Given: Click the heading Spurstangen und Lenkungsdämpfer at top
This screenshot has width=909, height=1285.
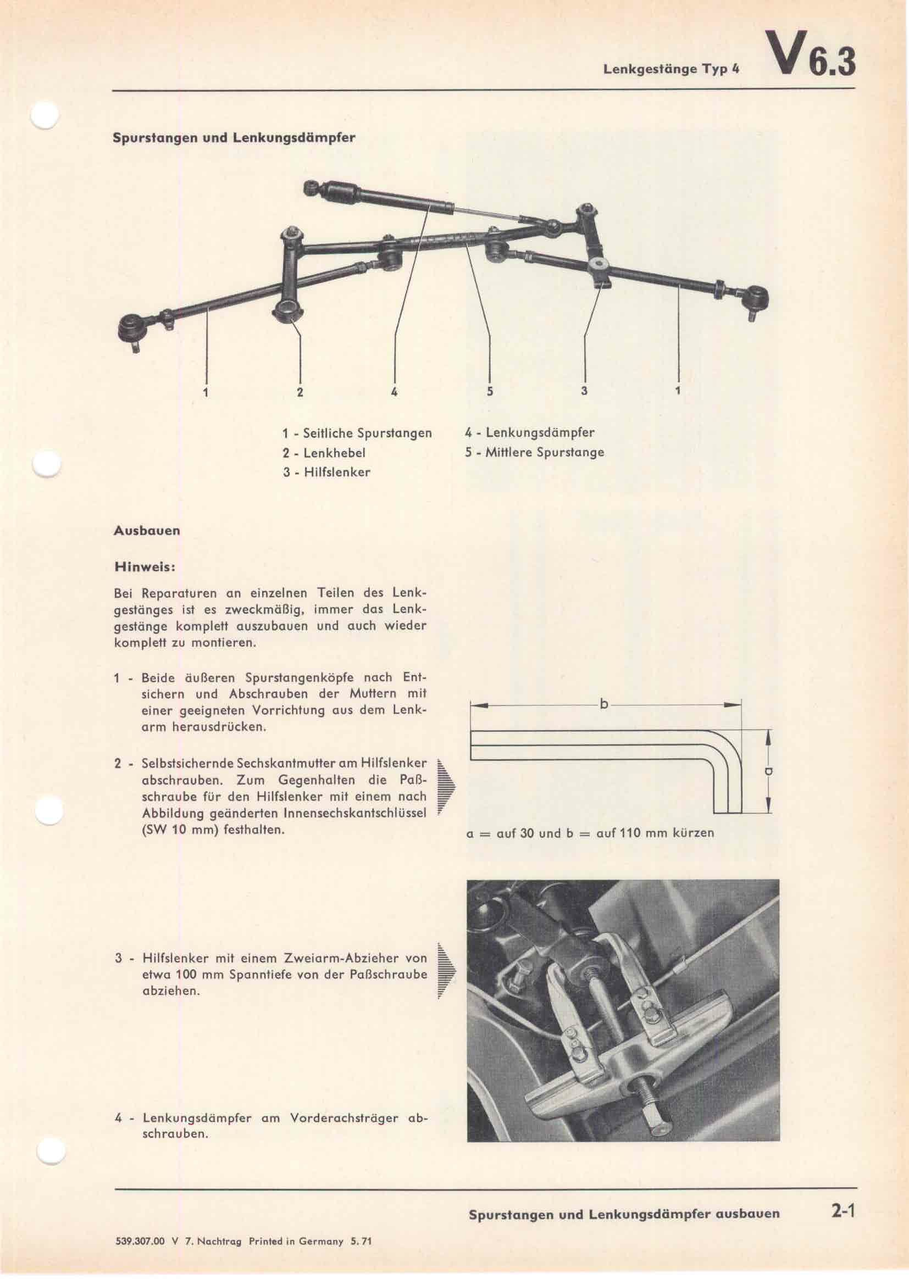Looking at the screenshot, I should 234,137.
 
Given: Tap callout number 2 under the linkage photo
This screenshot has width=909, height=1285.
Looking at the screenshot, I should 300,392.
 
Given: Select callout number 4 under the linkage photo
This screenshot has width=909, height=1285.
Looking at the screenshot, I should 395,392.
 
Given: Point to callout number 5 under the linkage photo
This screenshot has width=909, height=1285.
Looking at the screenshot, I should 490,392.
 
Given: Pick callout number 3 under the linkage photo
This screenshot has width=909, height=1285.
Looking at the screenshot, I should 584,391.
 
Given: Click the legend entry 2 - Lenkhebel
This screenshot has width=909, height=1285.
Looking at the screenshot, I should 324,452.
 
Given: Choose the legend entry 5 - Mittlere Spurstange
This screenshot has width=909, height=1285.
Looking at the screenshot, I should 534,452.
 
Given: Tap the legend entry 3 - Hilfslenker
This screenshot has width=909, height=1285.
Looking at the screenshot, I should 326,472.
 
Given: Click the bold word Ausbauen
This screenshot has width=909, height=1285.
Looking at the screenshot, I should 147,531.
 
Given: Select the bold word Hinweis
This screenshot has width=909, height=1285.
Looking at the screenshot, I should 145,566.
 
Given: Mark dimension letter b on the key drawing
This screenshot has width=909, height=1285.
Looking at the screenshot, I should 604,705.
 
